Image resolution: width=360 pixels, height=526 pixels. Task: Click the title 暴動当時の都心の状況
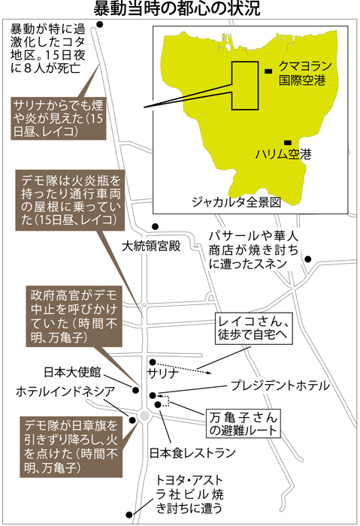[x=177, y=8]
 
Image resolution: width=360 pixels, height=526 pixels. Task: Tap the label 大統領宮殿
[x=151, y=246]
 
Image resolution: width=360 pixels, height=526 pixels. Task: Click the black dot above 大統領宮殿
[x=155, y=227]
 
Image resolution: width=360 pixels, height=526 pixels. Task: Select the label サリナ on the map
[x=163, y=373]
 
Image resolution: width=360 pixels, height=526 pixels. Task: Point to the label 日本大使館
[x=72, y=372]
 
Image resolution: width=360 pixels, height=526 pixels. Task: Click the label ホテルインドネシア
[x=65, y=391]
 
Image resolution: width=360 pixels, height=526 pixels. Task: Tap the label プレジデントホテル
[x=280, y=385]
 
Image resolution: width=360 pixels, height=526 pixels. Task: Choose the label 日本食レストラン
[x=192, y=453]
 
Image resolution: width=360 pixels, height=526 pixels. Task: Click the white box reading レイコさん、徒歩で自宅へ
[x=254, y=329]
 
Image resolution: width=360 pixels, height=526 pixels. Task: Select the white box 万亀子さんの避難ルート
[x=244, y=423]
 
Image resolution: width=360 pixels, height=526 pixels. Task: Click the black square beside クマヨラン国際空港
[x=268, y=71]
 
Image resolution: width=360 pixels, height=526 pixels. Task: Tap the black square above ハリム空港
[x=288, y=143]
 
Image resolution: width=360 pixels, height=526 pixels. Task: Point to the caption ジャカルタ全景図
[x=236, y=202]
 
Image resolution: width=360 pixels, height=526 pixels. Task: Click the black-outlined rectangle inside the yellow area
[x=245, y=86]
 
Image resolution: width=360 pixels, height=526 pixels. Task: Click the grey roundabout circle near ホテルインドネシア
[x=144, y=416]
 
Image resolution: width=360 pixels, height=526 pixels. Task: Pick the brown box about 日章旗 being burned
[x=71, y=446]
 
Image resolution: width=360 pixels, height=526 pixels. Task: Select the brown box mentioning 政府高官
[x=74, y=316]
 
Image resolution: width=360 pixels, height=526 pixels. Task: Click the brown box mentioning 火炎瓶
[x=70, y=200]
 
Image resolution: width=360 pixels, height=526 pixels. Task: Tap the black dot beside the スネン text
[x=308, y=259]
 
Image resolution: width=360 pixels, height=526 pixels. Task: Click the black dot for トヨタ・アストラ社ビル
[x=129, y=515]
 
